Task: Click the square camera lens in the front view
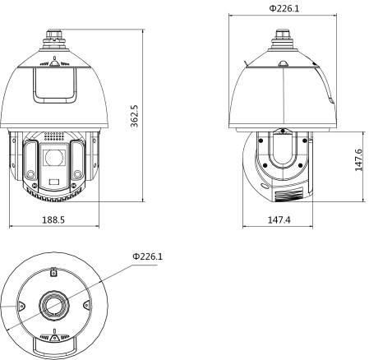click(53, 155)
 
